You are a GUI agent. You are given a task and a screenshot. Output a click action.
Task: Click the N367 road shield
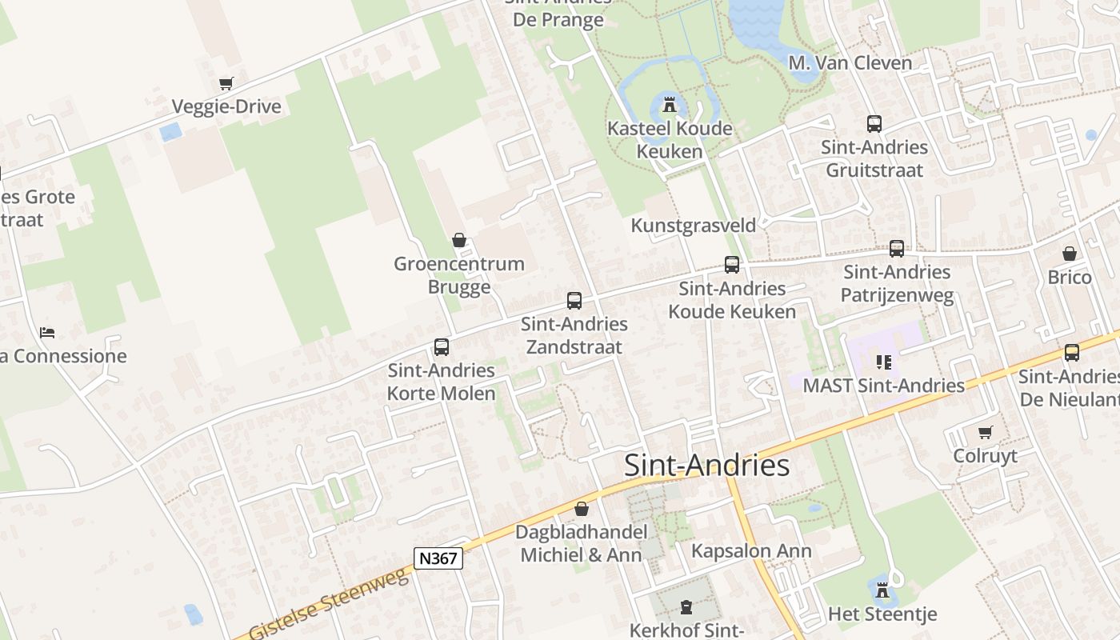(x=438, y=558)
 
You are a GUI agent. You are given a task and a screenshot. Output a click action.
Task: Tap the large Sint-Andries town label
(x=706, y=465)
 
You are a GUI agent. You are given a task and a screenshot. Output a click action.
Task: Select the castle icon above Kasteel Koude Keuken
(x=670, y=104)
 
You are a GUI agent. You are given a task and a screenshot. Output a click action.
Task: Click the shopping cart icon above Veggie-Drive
(x=226, y=83)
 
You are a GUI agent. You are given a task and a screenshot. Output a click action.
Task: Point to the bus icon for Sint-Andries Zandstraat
(x=574, y=301)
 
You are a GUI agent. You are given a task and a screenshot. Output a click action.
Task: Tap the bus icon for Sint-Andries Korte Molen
(x=442, y=347)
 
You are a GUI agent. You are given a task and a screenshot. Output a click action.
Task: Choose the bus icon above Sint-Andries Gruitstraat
(x=874, y=124)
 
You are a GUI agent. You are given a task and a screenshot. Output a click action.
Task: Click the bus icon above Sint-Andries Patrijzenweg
(x=897, y=249)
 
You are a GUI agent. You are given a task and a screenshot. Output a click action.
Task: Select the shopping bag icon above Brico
(x=1070, y=254)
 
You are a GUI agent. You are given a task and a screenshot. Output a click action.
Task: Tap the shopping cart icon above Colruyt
(x=986, y=432)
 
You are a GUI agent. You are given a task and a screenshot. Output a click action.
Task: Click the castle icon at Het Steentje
(x=882, y=590)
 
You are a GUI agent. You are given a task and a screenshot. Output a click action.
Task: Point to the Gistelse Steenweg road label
(x=329, y=605)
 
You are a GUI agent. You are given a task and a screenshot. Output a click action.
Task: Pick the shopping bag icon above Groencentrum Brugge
(x=459, y=240)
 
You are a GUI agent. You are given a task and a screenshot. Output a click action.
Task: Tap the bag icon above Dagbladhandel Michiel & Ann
(x=582, y=509)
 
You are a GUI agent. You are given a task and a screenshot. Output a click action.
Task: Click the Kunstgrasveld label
(x=693, y=226)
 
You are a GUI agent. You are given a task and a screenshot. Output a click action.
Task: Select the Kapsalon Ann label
(x=751, y=551)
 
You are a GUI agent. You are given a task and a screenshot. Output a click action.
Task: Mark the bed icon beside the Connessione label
(x=47, y=333)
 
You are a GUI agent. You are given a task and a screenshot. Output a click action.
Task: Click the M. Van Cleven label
(x=850, y=62)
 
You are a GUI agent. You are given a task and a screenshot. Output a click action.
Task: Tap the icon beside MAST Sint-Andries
(x=884, y=362)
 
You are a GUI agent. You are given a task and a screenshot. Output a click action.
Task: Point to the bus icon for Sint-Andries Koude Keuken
(x=732, y=265)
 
